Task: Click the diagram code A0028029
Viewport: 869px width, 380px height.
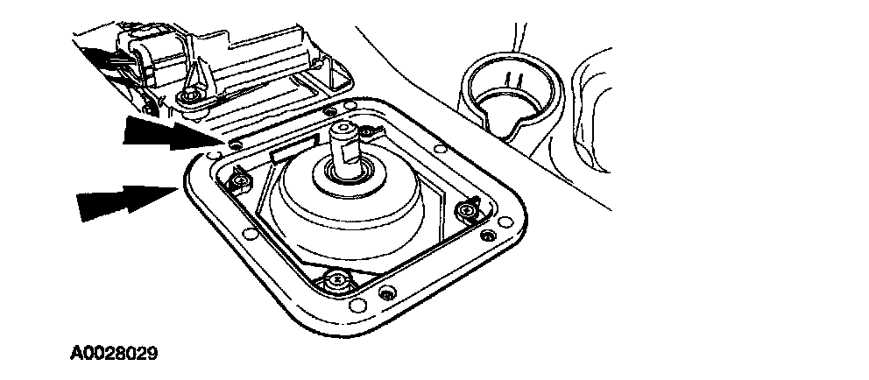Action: (x=114, y=355)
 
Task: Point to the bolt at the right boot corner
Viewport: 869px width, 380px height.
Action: (x=467, y=211)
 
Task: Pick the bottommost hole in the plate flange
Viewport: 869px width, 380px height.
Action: (x=355, y=306)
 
